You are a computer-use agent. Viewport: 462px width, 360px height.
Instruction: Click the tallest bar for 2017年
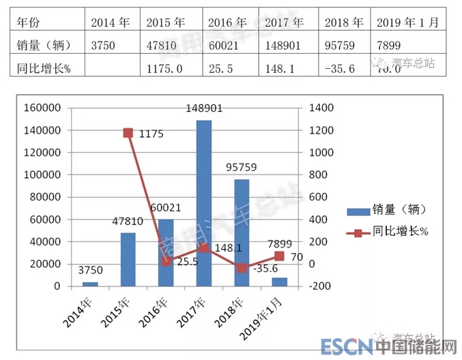(203, 203)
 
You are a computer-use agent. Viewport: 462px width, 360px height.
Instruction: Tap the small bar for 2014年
(90, 284)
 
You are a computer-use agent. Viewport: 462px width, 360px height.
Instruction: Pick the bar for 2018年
(241, 232)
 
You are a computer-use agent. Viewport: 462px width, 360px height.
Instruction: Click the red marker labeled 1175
(128, 133)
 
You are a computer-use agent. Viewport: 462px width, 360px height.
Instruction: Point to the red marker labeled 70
(279, 256)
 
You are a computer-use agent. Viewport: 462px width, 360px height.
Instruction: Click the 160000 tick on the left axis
(43, 108)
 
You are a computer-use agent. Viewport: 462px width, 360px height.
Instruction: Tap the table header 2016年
(224, 22)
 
